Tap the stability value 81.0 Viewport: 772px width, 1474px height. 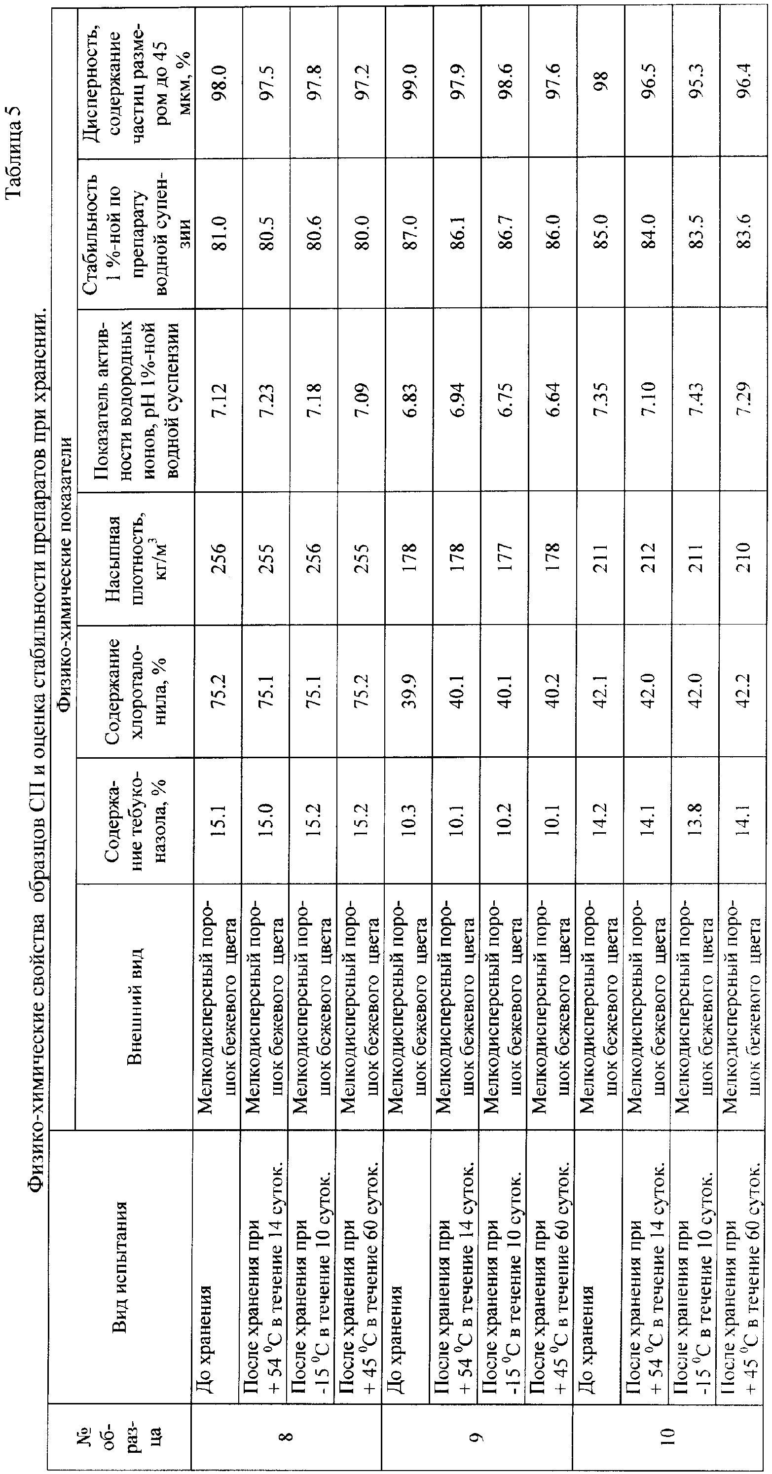(x=221, y=229)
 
